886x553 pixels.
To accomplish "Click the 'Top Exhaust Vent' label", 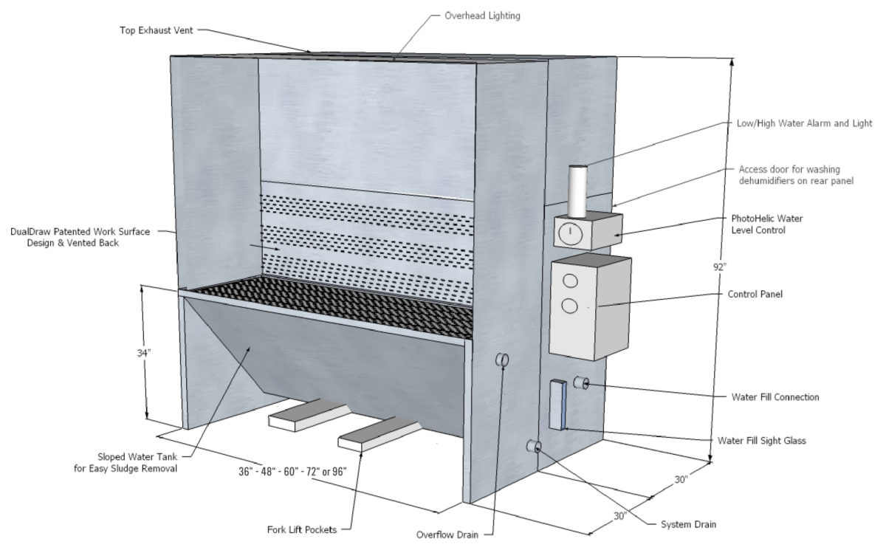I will tap(157, 30).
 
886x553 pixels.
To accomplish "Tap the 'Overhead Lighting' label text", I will tap(482, 15).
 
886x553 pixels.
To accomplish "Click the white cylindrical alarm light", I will tap(577, 190).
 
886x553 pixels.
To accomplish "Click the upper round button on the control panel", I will tap(570, 281).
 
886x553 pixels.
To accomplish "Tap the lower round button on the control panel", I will tap(570, 306).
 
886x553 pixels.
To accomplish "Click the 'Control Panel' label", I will tap(755, 294).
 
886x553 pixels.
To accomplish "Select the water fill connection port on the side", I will tap(582, 383).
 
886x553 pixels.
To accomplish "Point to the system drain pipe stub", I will tap(533, 446).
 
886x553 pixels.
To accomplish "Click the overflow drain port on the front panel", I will tap(502, 360).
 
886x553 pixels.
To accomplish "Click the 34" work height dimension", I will tap(147, 353).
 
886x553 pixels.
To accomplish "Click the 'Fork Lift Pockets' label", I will tap(301, 529).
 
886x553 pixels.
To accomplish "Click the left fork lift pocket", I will tap(303, 416).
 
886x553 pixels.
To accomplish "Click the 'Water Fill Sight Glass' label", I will tap(761, 440).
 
